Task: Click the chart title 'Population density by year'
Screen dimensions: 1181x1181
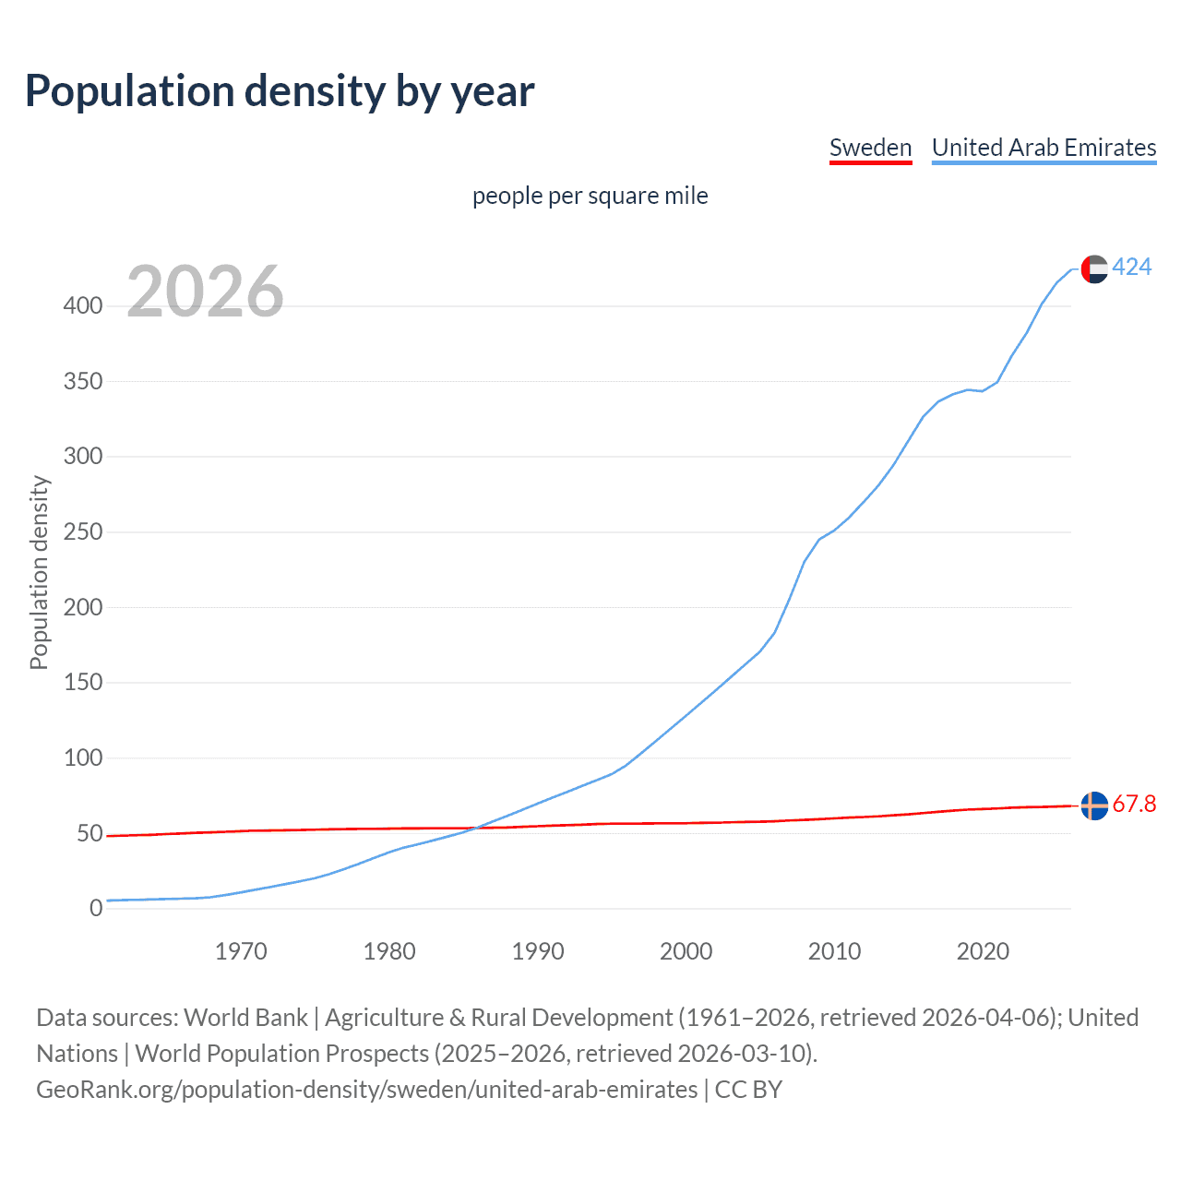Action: (280, 91)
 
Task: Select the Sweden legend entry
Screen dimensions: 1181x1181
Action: (870, 148)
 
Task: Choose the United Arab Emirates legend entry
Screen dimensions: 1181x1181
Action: (1044, 148)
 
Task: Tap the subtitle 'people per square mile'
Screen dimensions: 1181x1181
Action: (590, 196)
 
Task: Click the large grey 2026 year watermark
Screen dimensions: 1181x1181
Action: (205, 292)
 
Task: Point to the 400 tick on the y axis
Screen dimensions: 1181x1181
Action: (83, 305)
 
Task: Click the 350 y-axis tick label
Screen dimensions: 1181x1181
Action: (83, 381)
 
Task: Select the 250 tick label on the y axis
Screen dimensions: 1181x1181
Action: (83, 532)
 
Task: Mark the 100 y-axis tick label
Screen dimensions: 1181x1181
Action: (83, 758)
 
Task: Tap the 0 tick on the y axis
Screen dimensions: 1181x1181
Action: (96, 909)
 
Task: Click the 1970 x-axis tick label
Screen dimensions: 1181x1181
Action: (241, 951)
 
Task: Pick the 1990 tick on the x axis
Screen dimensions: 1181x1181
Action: (538, 951)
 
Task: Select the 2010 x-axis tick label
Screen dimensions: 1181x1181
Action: (834, 951)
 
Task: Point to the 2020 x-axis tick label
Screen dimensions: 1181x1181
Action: (983, 951)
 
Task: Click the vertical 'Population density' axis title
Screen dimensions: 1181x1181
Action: (39, 572)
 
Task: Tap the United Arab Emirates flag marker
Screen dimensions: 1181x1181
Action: (1094, 268)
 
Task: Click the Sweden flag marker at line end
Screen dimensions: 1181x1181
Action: (1094, 805)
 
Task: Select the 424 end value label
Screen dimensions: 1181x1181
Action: (1132, 268)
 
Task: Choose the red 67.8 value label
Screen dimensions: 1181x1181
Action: (1134, 805)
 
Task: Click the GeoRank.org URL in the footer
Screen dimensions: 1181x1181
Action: (367, 1090)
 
